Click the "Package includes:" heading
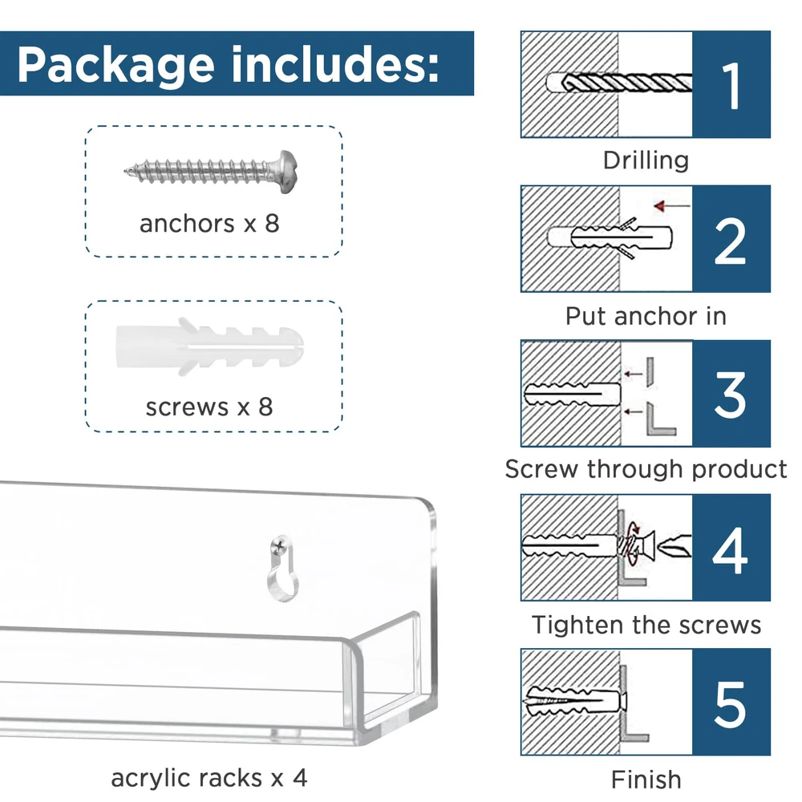(x=229, y=64)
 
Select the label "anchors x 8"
(x=209, y=223)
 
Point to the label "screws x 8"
(x=209, y=407)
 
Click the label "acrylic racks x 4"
(x=209, y=777)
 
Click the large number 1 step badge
(x=731, y=85)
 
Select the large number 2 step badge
(x=731, y=239)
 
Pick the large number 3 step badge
(x=731, y=393)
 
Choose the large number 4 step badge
(x=731, y=548)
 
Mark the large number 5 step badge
(x=731, y=702)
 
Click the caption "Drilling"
(x=646, y=160)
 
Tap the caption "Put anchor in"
(x=646, y=315)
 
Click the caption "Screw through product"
(x=646, y=469)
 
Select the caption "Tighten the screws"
(x=646, y=624)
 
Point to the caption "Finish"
(x=646, y=779)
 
